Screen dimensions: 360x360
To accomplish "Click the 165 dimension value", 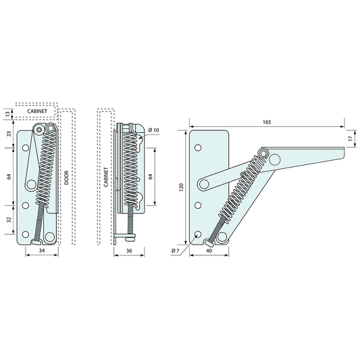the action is click(267, 122).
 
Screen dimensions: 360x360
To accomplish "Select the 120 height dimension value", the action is click(182, 187).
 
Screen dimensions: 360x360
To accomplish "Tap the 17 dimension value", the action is click(350, 138).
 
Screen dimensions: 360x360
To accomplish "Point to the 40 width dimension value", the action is click(209, 251).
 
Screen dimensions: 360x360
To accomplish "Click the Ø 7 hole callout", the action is click(175, 251).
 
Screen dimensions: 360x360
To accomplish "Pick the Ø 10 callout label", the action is click(153, 130).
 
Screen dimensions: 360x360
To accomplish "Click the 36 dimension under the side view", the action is click(129, 251).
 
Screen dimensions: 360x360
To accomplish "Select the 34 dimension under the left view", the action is click(42, 251).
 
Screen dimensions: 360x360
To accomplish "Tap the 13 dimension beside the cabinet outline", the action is click(7, 113).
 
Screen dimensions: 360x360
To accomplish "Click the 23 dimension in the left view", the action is click(9, 134).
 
